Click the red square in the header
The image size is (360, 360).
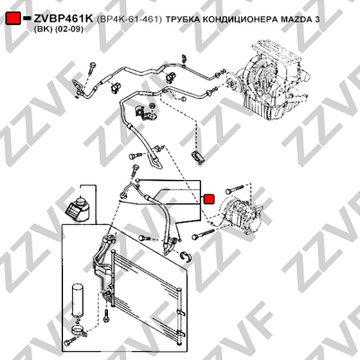pyautogui.click(x=13, y=18)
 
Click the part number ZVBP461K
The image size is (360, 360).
pyautogui.click(x=64, y=19)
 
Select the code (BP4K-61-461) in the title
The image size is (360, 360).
pyautogui.click(x=130, y=20)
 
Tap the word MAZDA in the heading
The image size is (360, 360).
pyautogui.click(x=295, y=20)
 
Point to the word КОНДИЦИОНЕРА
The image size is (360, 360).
pyautogui.click(x=239, y=20)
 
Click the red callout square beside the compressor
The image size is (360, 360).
pyautogui.click(x=209, y=199)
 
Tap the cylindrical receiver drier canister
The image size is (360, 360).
pyautogui.click(x=77, y=301)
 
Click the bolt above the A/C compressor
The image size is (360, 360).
pyautogui.click(x=236, y=189)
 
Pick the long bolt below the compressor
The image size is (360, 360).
pyautogui.click(x=203, y=234)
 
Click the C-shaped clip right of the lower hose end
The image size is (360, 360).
pyautogui.click(x=187, y=256)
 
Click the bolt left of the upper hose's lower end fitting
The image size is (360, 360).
pyautogui.click(x=135, y=157)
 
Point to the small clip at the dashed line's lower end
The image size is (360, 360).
pyautogui.click(x=198, y=157)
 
